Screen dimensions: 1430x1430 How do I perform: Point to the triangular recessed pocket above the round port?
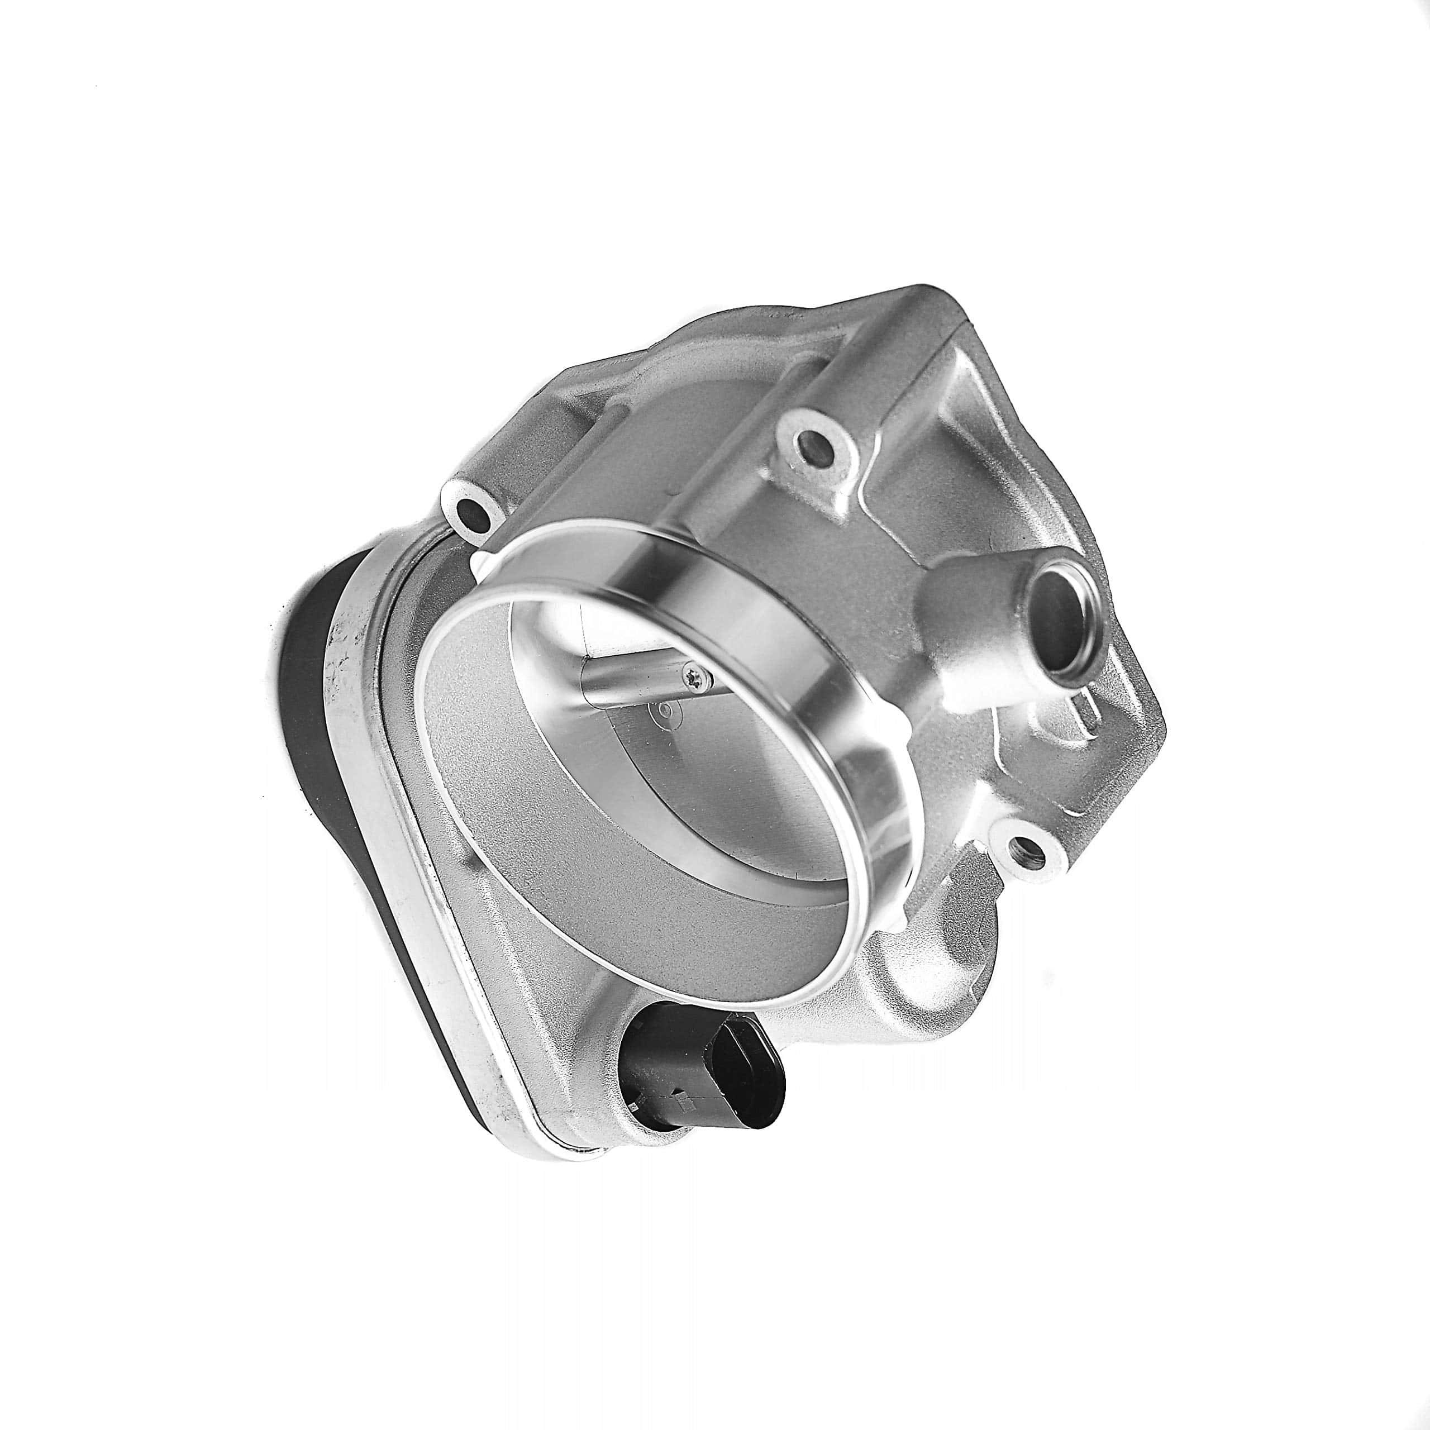click(992, 444)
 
